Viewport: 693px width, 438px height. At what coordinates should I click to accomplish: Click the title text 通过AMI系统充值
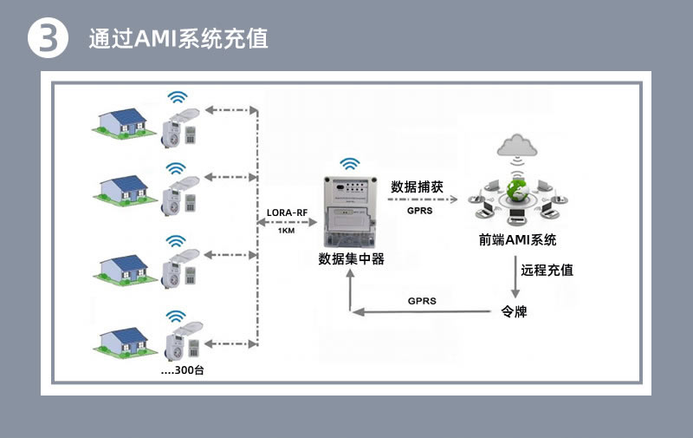tap(178, 40)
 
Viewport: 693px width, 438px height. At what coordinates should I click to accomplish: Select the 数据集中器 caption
tap(351, 258)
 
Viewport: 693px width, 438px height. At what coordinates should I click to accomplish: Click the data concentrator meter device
tap(350, 211)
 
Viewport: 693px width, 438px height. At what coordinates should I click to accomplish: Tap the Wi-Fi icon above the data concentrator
tap(350, 163)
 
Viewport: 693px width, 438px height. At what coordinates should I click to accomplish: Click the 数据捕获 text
tap(417, 186)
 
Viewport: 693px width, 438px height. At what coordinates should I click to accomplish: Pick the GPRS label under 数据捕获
tap(420, 209)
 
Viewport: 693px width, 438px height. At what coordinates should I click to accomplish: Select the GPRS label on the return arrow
tap(422, 301)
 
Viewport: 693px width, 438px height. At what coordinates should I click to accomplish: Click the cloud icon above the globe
tap(517, 144)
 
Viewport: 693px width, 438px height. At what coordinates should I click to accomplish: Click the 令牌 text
tap(515, 311)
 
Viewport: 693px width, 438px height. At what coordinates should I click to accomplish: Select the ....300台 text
tap(183, 370)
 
